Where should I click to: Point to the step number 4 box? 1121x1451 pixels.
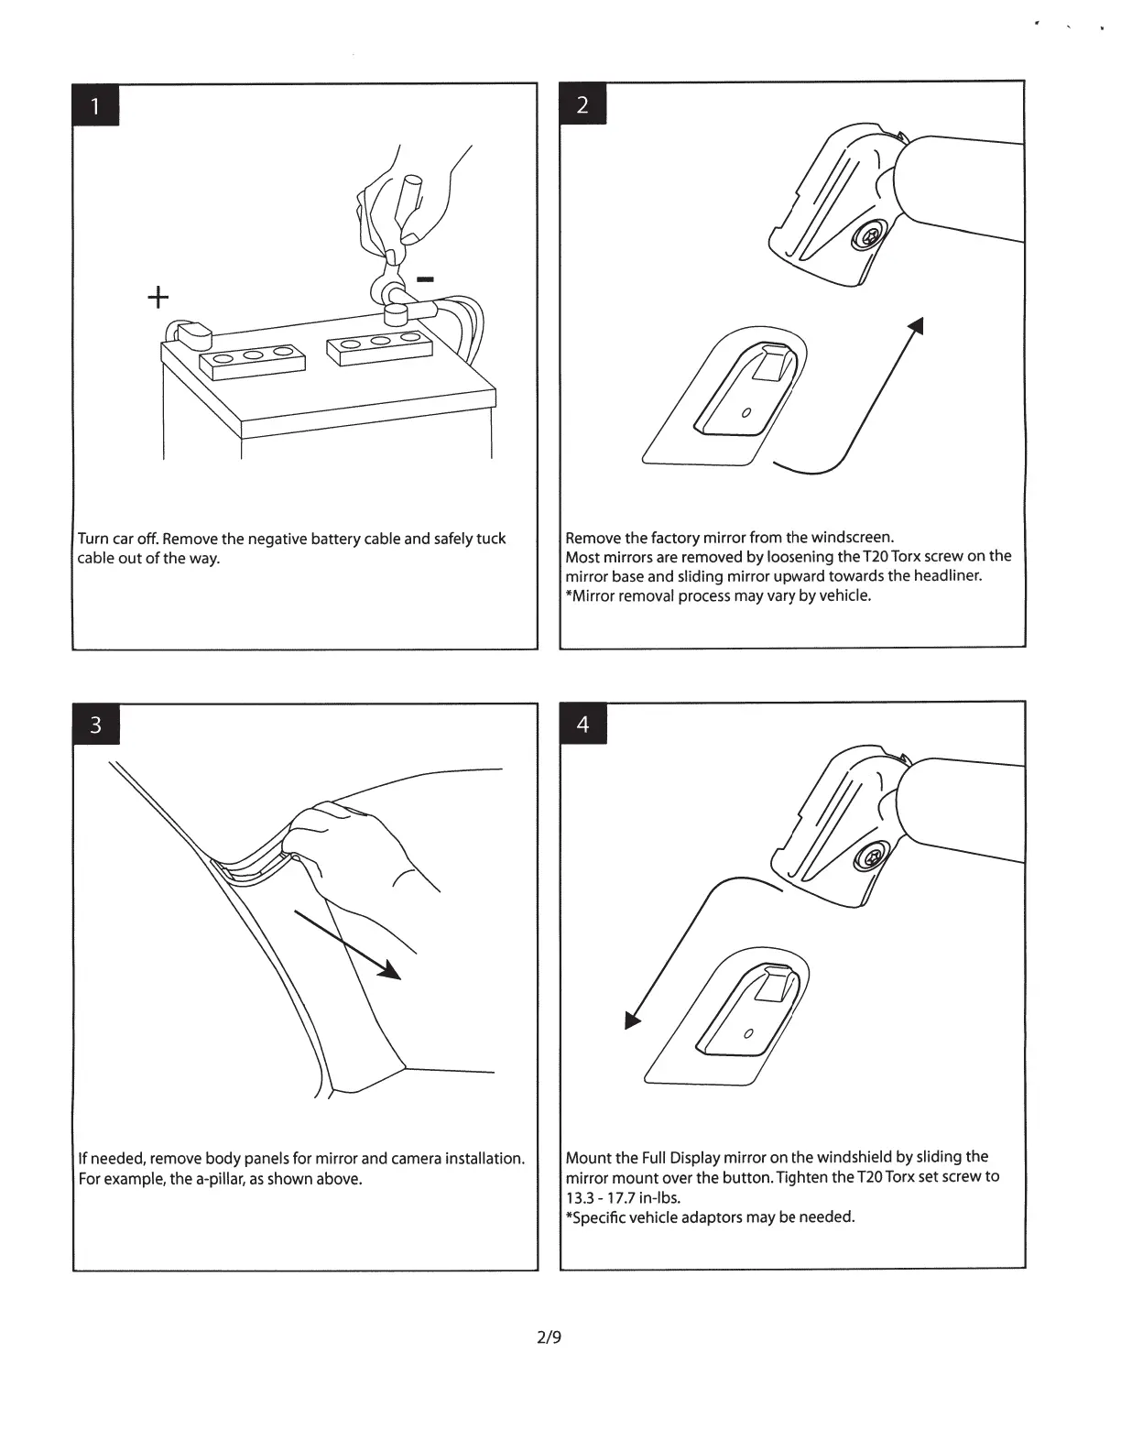[x=582, y=724]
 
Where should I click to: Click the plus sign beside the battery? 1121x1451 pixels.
[x=158, y=297]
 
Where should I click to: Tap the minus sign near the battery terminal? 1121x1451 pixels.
[x=425, y=278]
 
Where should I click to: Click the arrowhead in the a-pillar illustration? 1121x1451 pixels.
[x=390, y=969]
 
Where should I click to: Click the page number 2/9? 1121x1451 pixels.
[x=549, y=1337]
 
